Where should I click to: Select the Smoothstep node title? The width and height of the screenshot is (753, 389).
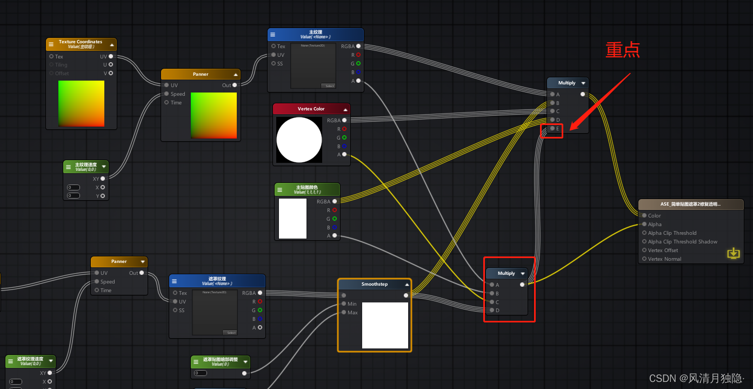click(374, 284)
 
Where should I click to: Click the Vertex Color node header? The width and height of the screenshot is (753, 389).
click(311, 109)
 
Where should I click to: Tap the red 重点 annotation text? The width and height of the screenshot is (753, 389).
click(623, 50)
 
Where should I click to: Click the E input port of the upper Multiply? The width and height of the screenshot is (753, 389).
click(552, 129)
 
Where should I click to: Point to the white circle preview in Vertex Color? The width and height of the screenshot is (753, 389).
click(299, 140)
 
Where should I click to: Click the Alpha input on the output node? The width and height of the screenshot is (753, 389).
click(644, 224)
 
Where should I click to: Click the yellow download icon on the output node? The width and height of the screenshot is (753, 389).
click(733, 253)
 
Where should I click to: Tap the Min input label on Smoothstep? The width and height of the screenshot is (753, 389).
click(352, 304)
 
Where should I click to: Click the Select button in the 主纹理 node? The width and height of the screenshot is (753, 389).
click(328, 86)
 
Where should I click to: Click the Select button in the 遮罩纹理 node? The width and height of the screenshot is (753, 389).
click(230, 333)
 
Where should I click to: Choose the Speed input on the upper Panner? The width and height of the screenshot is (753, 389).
click(166, 94)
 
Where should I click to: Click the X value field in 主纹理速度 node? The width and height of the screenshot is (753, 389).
click(74, 187)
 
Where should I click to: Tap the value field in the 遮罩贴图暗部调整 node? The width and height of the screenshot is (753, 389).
click(200, 373)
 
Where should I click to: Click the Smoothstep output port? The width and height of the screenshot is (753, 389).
click(406, 295)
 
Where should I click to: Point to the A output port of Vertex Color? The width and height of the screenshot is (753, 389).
click(344, 154)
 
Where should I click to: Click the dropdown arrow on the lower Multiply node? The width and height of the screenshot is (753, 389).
click(523, 273)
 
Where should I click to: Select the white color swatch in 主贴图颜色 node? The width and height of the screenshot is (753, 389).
click(292, 219)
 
